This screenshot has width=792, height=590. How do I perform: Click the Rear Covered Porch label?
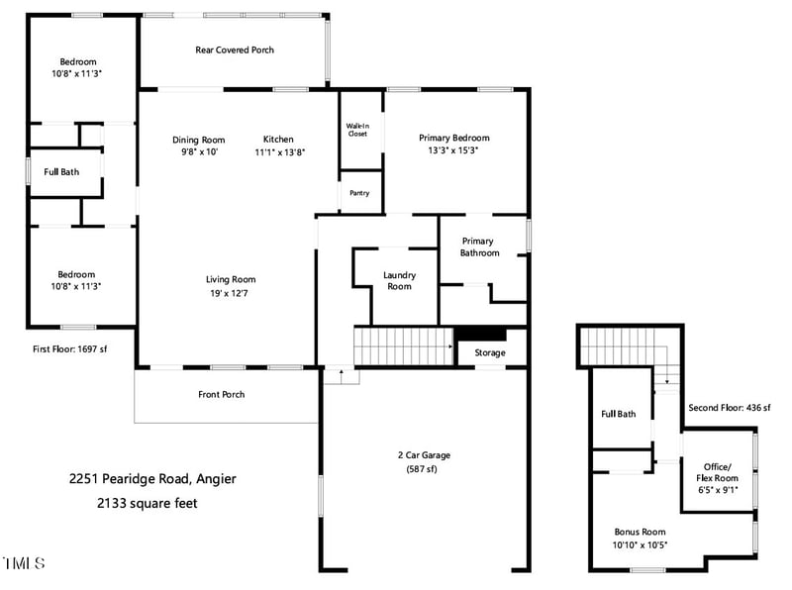(235, 49)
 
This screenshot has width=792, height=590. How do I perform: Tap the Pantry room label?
(359, 193)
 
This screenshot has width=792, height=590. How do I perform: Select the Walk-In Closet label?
(357, 130)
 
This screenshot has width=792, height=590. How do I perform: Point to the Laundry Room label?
(399, 280)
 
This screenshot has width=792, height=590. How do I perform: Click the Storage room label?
(489, 352)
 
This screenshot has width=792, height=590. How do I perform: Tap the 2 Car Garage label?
(424, 455)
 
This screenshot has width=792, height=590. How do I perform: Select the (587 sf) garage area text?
(424, 470)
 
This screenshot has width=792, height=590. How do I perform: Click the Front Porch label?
(221, 394)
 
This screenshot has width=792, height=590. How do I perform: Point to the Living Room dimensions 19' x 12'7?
(231, 293)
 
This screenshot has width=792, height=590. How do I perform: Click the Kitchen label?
(278, 139)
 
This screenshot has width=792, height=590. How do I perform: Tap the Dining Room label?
(199, 140)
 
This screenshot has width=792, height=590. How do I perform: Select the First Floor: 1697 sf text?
(69, 349)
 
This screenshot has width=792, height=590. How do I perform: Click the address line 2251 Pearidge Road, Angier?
(152, 479)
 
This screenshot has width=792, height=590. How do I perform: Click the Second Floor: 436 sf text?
(730, 407)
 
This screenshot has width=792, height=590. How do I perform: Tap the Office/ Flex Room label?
(718, 472)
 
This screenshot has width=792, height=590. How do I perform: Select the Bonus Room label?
(640, 531)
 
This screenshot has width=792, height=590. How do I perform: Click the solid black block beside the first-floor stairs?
(480, 335)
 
